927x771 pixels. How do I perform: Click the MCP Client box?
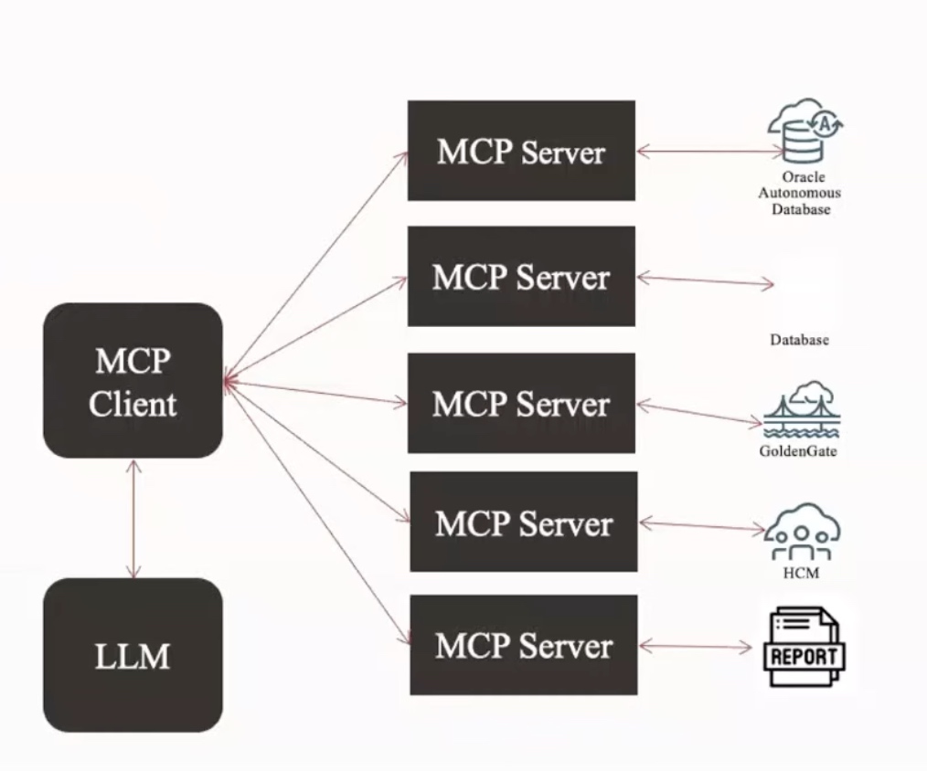point(133,381)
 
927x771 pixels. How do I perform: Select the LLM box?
point(133,655)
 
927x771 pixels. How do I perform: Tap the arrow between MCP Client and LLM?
point(133,519)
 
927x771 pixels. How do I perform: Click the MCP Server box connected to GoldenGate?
point(521,403)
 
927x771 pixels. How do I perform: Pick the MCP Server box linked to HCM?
point(524,522)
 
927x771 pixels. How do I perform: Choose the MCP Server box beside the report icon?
point(524,645)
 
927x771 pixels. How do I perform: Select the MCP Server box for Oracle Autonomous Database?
point(521,151)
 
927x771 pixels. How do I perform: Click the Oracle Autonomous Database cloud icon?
point(804,131)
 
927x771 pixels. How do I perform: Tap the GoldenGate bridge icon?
point(802,410)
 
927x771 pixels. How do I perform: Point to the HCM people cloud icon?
point(802,532)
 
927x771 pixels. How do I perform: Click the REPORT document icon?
point(804,647)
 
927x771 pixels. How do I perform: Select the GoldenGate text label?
point(798,451)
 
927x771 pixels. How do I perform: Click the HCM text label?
point(801,573)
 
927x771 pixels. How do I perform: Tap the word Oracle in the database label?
point(804,176)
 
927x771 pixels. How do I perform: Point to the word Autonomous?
point(799,193)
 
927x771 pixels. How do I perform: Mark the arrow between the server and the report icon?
point(695,647)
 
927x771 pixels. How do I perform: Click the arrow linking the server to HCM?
point(702,526)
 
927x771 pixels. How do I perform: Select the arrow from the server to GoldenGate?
point(700,414)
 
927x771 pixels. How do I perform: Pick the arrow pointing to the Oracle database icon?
point(709,152)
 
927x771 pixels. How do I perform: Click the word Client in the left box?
point(133,404)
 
